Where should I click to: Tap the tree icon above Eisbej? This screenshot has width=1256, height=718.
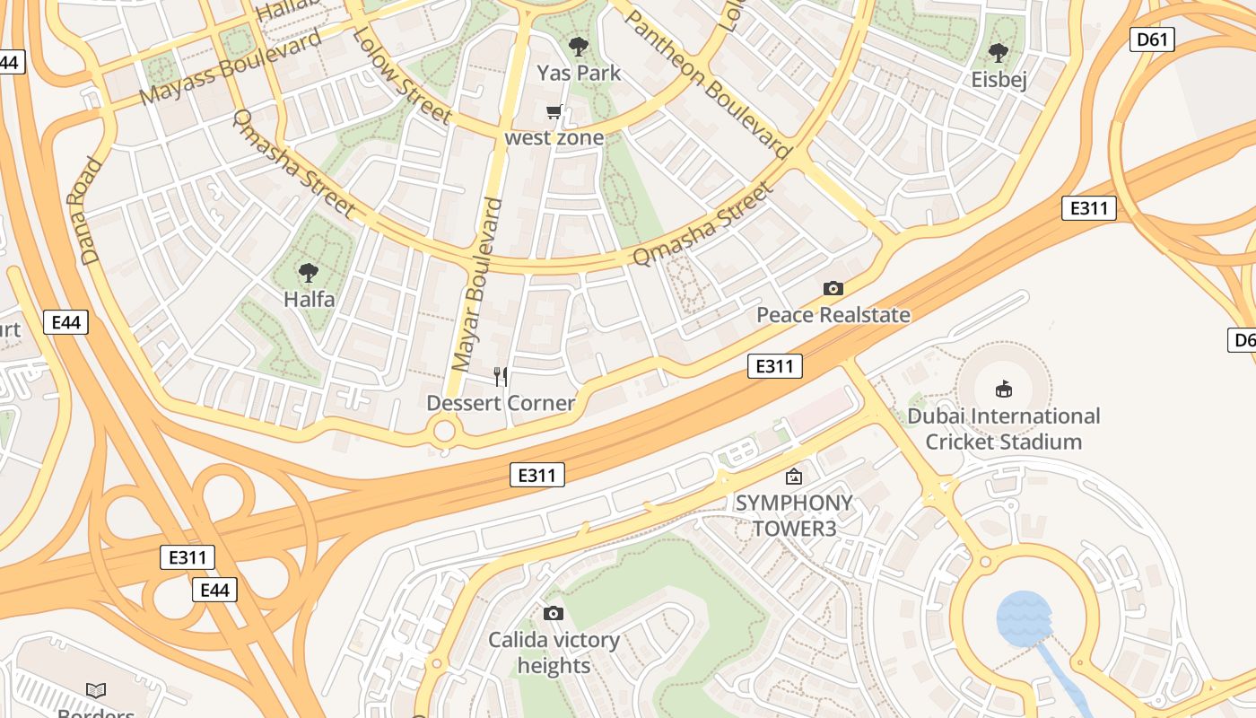(x=998, y=53)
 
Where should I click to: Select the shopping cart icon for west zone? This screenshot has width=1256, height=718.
(x=554, y=112)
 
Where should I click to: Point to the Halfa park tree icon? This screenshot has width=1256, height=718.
(x=309, y=272)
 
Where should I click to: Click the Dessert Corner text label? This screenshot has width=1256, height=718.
(x=500, y=403)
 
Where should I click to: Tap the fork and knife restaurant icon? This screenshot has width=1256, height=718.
(x=501, y=376)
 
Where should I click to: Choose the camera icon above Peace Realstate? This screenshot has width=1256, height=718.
(x=833, y=288)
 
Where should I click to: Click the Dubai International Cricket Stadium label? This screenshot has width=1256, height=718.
(x=1003, y=429)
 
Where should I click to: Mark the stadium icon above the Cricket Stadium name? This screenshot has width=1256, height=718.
(x=1003, y=389)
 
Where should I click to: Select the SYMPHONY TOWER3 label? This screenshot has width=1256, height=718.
(x=794, y=515)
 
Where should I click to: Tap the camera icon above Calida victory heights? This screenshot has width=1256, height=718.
(x=554, y=613)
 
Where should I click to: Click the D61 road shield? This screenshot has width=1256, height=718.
(x=1152, y=39)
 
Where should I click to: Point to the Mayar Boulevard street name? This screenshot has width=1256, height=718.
(x=477, y=285)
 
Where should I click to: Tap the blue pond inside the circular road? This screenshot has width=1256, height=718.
(x=1024, y=618)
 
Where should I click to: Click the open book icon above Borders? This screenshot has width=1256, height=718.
(x=96, y=690)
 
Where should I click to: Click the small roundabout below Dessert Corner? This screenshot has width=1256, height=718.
(x=444, y=432)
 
